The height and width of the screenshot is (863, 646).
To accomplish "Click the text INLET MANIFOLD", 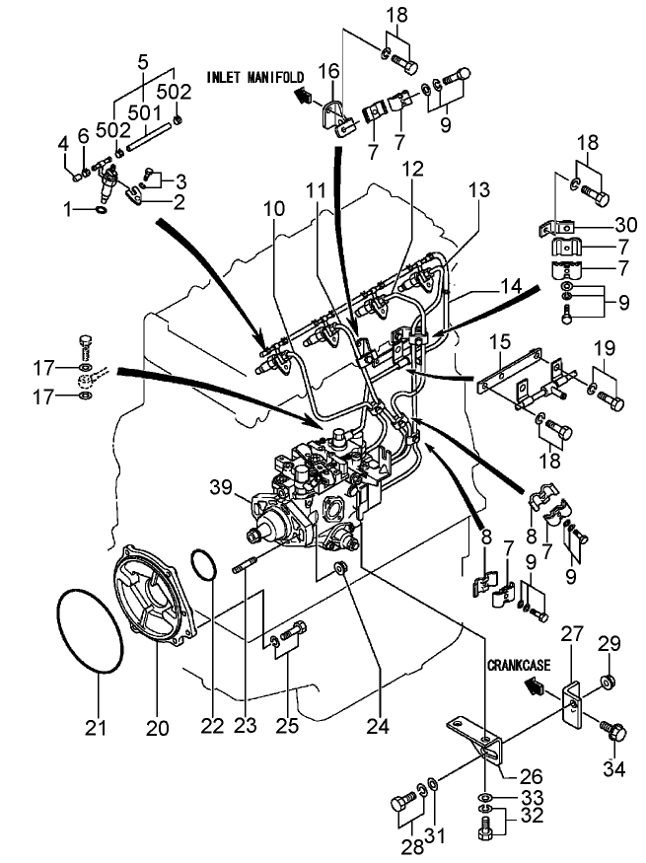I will [x=254, y=75].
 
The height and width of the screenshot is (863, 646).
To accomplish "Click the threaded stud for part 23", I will [x=246, y=569].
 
